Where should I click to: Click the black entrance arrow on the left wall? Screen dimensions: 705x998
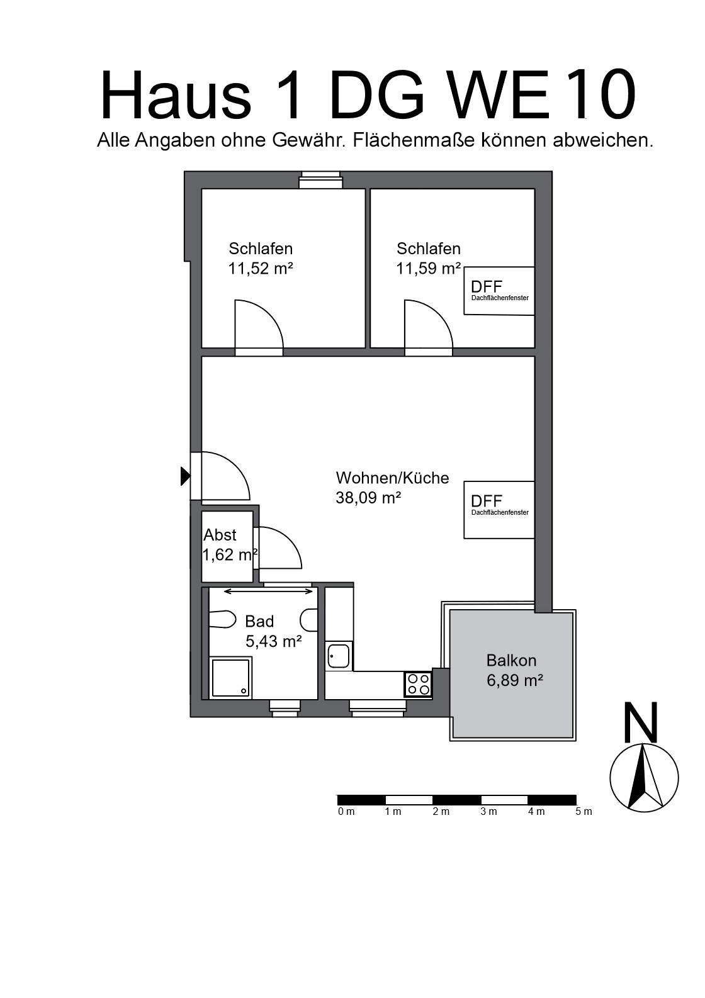click(185, 476)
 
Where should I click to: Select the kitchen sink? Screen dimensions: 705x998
click(339, 656)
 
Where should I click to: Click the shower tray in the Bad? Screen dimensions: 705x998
click(230, 677)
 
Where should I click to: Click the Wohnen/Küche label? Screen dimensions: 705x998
click(392, 478)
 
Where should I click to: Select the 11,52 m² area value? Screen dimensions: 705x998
click(261, 269)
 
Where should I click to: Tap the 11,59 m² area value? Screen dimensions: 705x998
click(429, 269)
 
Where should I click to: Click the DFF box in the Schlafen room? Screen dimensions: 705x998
click(499, 291)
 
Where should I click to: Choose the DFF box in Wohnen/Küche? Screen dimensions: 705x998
click(499, 510)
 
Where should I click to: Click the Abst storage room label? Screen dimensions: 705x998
click(220, 535)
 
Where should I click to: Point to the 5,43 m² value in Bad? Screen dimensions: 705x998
click(274, 641)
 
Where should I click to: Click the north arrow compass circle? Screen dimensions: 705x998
click(644, 778)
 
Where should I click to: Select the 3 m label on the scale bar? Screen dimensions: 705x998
click(488, 812)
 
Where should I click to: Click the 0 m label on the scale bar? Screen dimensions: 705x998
click(346, 812)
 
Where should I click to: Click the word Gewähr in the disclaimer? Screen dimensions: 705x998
click(310, 140)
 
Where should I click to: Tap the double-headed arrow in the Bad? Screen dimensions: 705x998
click(268, 592)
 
